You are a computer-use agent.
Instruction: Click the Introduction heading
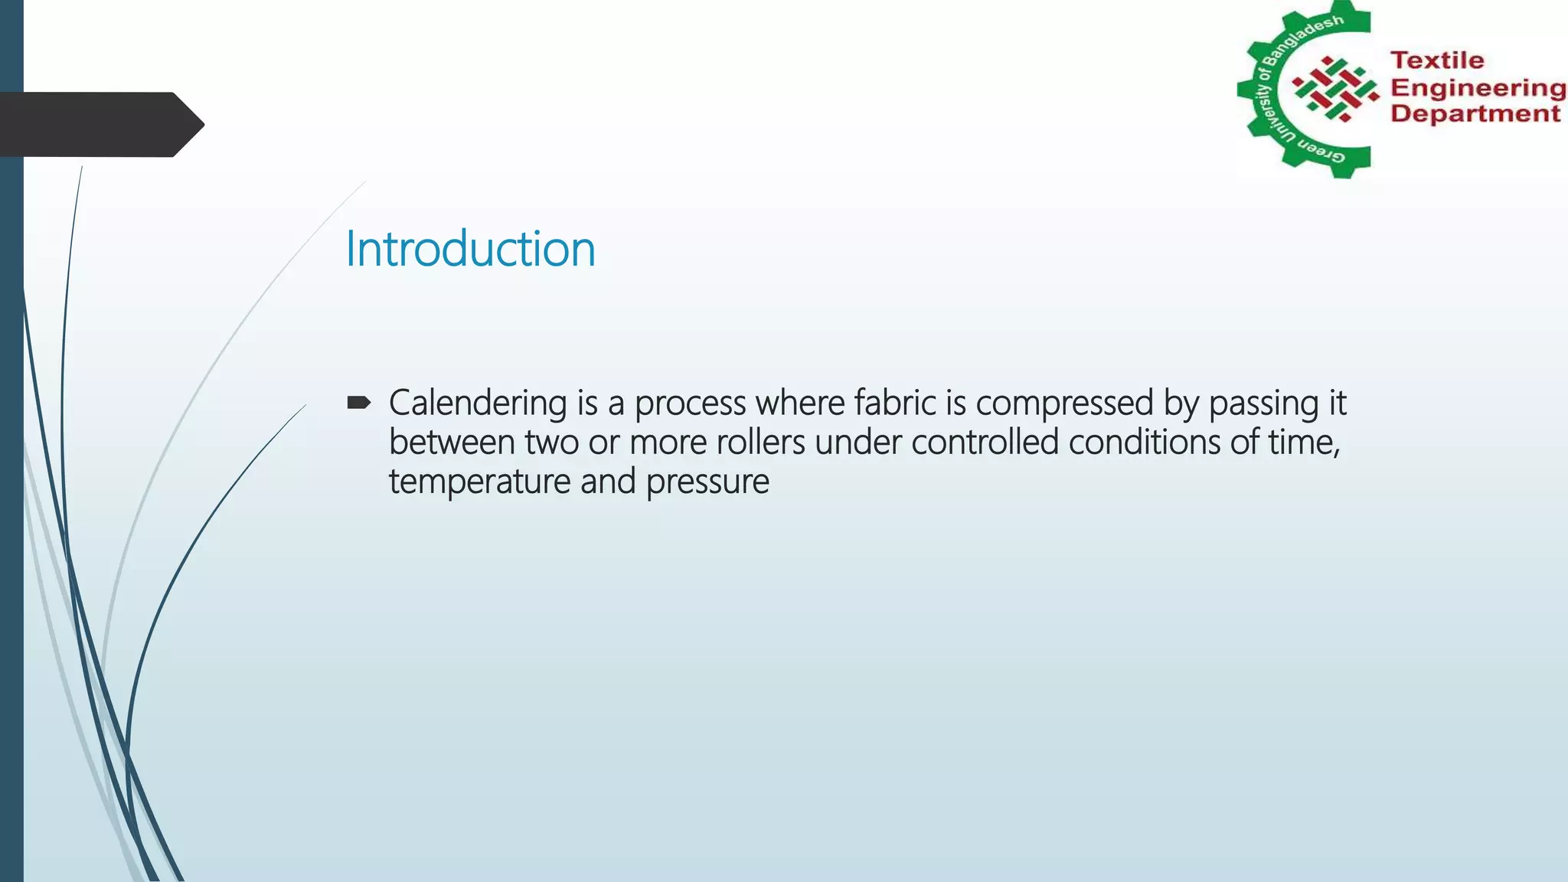click(x=470, y=249)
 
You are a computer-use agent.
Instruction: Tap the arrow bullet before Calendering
click(x=358, y=403)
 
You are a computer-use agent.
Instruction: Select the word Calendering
click(x=478, y=403)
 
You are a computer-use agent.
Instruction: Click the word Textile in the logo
click(x=1437, y=60)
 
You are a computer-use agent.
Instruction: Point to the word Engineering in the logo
click(x=1478, y=88)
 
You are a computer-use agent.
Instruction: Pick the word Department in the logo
click(x=1475, y=114)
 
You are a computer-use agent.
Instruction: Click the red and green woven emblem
click(x=1335, y=89)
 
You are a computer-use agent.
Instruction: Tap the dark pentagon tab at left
click(x=100, y=124)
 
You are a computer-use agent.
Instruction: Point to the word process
click(x=690, y=403)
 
